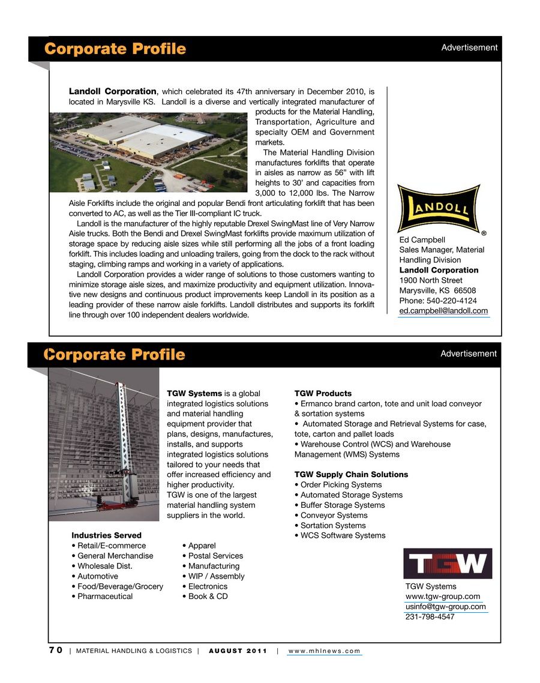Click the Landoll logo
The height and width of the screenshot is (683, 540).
(439, 208)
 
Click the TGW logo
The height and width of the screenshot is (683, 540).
(448, 564)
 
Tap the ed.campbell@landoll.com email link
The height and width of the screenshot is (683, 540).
(443, 311)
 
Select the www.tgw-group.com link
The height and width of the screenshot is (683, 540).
(443, 597)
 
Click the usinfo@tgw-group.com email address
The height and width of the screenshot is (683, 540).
(446, 607)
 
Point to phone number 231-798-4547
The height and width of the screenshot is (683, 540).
(430, 617)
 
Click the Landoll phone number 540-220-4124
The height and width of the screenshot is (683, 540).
(438, 301)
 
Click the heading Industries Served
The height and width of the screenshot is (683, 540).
(106, 535)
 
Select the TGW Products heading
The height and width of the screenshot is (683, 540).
(323, 394)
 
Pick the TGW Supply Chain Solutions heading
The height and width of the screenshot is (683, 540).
(351, 475)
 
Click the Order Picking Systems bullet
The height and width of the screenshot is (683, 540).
(341, 485)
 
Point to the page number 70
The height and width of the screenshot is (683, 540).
(56, 651)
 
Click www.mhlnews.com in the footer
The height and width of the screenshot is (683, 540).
(325, 651)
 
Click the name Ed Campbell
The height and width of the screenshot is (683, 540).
(422, 239)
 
